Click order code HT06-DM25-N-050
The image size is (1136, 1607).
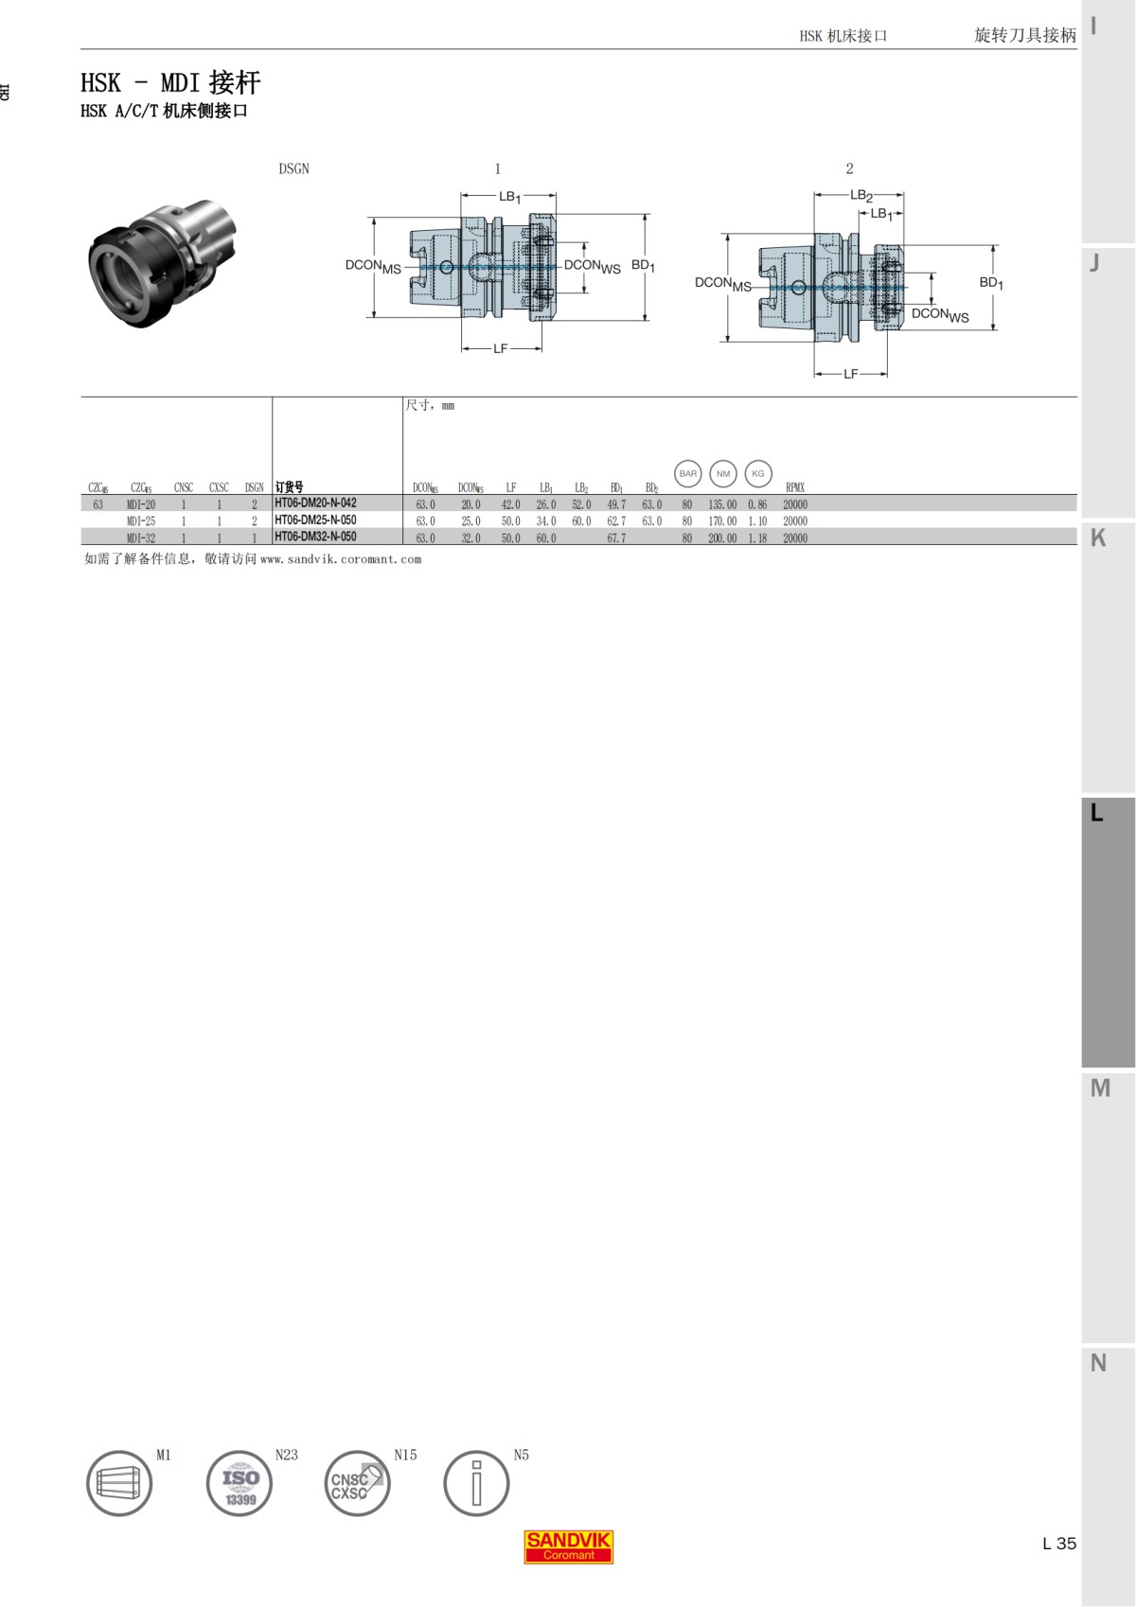coord(315,521)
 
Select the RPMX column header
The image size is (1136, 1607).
coord(795,488)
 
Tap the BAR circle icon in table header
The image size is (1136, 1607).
coord(688,473)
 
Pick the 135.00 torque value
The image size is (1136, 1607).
coord(722,505)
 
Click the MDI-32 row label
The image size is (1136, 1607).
coord(141,539)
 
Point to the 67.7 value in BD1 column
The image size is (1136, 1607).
coord(616,539)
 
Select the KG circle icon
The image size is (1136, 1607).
coord(758,473)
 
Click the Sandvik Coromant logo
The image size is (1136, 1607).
coord(569,1546)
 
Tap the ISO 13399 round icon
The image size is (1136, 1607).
coord(240,1483)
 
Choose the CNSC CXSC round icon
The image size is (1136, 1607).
coord(357,1483)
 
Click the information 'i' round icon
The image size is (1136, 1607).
coord(476,1483)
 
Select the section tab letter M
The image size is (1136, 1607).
coord(1100,1088)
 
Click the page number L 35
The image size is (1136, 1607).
coord(1059,1544)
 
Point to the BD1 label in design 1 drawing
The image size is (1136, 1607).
coord(643,266)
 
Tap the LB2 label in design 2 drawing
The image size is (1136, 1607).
coord(861,196)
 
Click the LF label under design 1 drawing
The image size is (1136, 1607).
coord(500,349)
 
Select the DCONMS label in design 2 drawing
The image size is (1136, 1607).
coord(722,283)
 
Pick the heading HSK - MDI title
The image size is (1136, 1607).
coord(170,83)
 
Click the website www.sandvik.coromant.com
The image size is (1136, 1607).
coord(341,559)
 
